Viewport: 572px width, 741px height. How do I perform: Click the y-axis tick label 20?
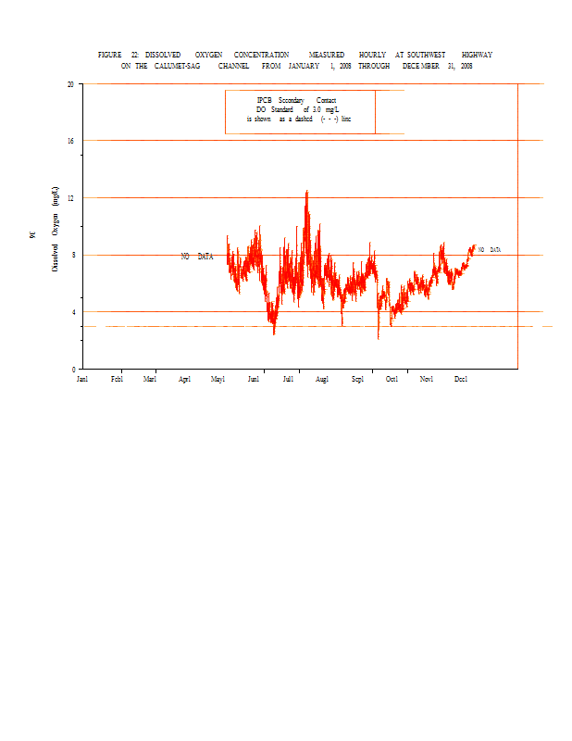[x=70, y=83]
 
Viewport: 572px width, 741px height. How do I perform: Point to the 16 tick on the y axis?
[x=70, y=141]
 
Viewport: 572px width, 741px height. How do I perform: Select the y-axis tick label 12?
[x=70, y=198]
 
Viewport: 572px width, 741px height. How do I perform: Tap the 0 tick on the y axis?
[x=73, y=369]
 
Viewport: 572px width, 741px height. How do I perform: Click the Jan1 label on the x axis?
[x=81, y=379]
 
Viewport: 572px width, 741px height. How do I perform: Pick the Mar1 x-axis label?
[x=150, y=379]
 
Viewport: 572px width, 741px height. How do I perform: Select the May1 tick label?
[x=218, y=379]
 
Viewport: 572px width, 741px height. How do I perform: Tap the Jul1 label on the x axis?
[x=288, y=379]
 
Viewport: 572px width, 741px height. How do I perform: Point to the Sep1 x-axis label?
[x=357, y=379]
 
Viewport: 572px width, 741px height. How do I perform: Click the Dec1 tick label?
[x=461, y=379]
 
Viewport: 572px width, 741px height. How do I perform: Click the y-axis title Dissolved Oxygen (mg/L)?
[x=56, y=228]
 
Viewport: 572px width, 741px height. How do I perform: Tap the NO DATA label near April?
[x=196, y=257]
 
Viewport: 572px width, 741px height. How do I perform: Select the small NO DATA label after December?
[x=490, y=250]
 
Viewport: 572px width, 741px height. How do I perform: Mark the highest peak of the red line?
[x=306, y=192]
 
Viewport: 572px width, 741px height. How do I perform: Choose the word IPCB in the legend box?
[x=264, y=100]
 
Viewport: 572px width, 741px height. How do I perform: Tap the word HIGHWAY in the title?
[x=477, y=56]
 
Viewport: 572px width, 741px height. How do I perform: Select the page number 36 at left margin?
[x=33, y=236]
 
